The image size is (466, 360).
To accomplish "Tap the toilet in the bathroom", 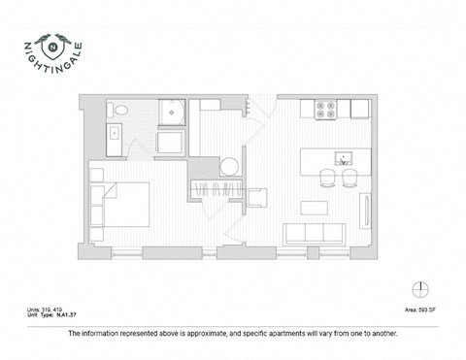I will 116,112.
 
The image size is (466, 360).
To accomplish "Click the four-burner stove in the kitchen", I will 325,109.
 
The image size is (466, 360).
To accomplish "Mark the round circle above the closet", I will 229,166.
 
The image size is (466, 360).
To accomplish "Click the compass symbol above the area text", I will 418,288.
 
